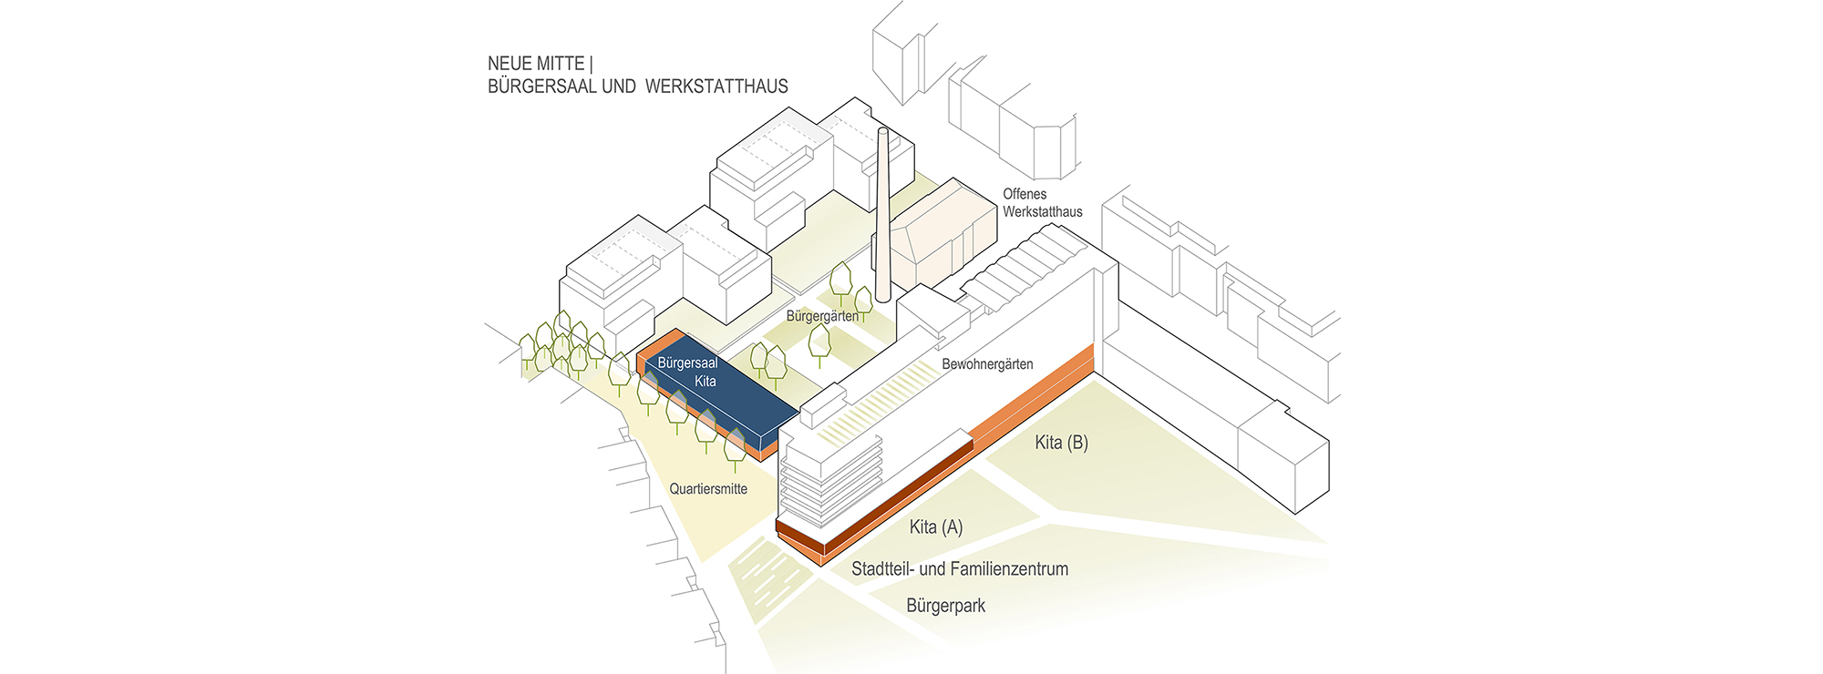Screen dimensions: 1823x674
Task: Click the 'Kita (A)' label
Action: pos(936,527)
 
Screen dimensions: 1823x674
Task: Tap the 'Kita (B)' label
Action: pos(1062,443)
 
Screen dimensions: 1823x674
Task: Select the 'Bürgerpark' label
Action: pos(946,606)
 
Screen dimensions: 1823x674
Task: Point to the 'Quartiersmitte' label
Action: pos(708,489)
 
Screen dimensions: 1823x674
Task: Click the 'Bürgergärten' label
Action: pos(822,316)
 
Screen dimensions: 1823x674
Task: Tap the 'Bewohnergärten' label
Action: pos(987,364)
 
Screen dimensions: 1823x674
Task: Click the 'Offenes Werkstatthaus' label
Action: pos(1043,203)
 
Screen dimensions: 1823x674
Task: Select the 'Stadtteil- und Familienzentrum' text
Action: pos(960,569)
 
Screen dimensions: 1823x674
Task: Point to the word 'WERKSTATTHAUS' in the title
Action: pos(716,87)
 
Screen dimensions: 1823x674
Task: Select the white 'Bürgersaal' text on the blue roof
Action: pos(687,363)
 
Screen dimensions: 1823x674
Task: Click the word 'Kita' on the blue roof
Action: pos(705,382)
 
